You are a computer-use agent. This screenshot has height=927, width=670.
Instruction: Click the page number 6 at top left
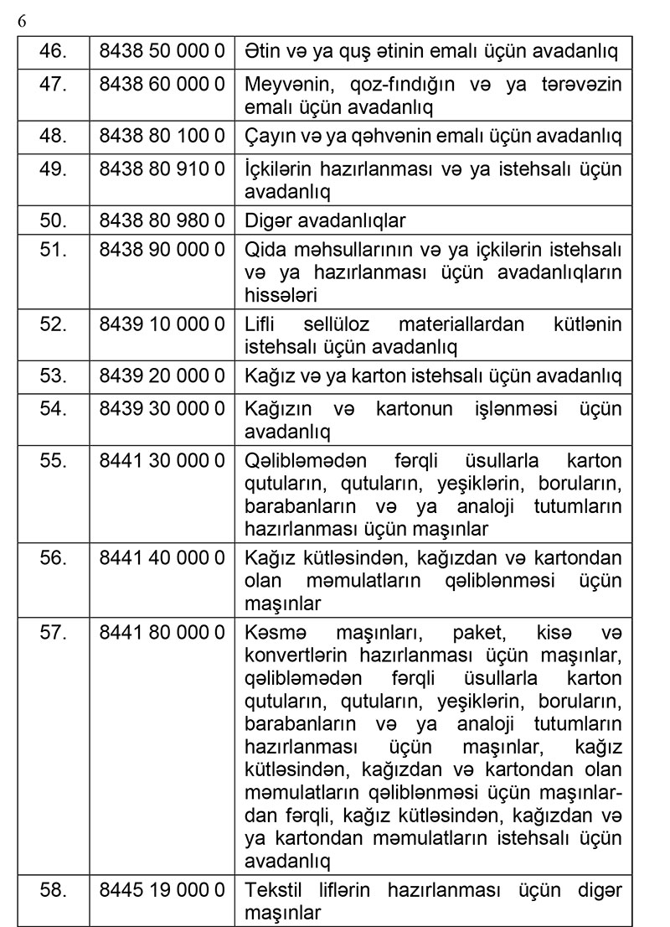tap(22, 21)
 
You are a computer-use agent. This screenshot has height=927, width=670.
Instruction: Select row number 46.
tap(54, 51)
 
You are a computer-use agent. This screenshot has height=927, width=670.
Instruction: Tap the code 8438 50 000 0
tap(162, 51)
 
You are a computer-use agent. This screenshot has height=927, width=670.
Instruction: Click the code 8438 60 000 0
tap(162, 85)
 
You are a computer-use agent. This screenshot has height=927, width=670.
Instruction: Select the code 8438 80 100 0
tap(162, 136)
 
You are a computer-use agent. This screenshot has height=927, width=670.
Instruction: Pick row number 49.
tap(54, 168)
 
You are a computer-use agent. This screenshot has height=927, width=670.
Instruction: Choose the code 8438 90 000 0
tap(162, 251)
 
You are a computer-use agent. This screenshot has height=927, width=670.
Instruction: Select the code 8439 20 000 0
tap(162, 376)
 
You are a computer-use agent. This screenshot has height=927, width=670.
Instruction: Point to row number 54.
tap(54, 408)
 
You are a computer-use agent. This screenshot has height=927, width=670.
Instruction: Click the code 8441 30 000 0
tap(162, 461)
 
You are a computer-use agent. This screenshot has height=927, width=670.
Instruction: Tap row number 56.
tap(54, 557)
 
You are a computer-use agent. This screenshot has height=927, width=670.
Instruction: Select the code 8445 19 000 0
tap(162, 889)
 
